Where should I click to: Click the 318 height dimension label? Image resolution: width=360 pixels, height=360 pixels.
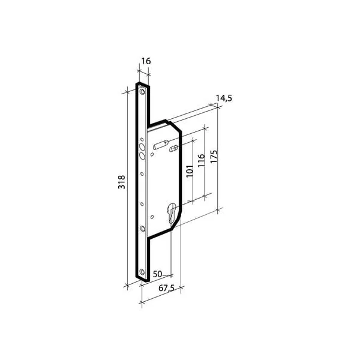[121, 182]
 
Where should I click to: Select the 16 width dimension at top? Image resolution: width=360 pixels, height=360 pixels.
[146, 61]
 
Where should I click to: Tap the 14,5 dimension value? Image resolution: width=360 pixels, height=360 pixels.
[224, 98]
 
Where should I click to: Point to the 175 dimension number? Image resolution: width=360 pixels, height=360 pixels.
[214, 157]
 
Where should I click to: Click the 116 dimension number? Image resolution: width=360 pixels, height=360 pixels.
[201, 160]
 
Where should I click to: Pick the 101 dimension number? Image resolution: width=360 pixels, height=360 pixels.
[190, 171]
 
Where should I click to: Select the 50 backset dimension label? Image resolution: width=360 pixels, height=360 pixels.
[157, 274]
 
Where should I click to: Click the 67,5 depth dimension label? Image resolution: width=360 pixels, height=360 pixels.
[166, 288]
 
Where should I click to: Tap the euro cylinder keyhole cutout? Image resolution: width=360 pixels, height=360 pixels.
[172, 212]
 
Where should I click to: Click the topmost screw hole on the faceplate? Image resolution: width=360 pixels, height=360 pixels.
[142, 92]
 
